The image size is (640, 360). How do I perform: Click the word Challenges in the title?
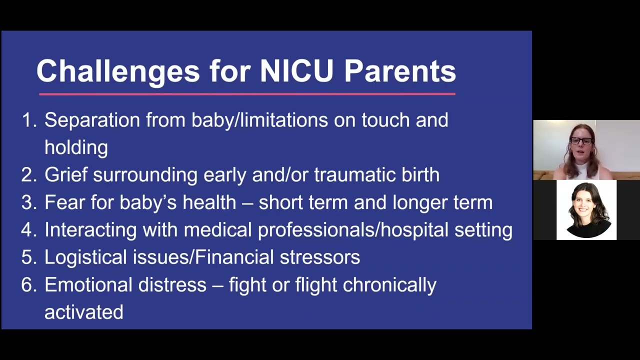click(118, 71)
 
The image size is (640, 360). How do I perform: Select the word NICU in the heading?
click(296, 71)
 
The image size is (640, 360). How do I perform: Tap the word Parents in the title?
click(399, 71)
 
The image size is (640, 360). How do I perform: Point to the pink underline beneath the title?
click(247, 93)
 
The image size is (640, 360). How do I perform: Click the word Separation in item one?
click(92, 120)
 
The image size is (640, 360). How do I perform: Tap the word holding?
click(76, 147)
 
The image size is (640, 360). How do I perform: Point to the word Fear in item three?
click(64, 202)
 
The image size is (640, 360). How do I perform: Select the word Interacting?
click(90, 230)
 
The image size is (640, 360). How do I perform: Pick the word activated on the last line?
click(83, 312)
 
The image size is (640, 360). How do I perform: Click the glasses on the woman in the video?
click(581, 141)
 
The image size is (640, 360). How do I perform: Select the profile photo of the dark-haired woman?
click(586, 210)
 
